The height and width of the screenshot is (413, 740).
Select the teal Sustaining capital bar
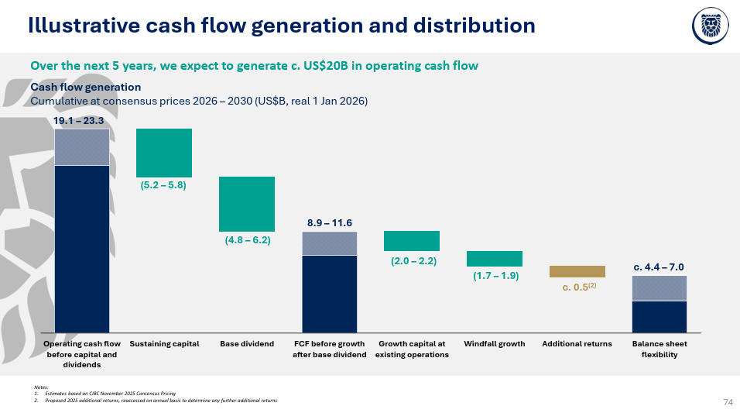click(164, 153)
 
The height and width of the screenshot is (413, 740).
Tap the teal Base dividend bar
click(247, 204)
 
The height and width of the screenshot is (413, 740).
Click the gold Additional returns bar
click(577, 271)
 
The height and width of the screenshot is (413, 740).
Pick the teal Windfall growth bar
click(495, 259)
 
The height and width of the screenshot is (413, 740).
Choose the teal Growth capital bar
click(412, 240)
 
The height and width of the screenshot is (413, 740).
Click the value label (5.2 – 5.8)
click(163, 186)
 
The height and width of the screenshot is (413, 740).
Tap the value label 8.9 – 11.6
click(330, 223)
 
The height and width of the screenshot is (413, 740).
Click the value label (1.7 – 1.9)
click(495, 276)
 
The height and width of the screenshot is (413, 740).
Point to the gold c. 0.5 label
click(577, 287)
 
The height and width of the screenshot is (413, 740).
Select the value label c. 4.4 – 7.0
click(659, 267)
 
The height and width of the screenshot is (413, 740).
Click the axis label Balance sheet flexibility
click(659, 349)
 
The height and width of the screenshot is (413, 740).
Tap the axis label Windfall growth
click(495, 344)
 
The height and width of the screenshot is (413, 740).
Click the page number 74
click(728, 402)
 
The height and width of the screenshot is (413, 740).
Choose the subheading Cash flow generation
click(86, 88)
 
